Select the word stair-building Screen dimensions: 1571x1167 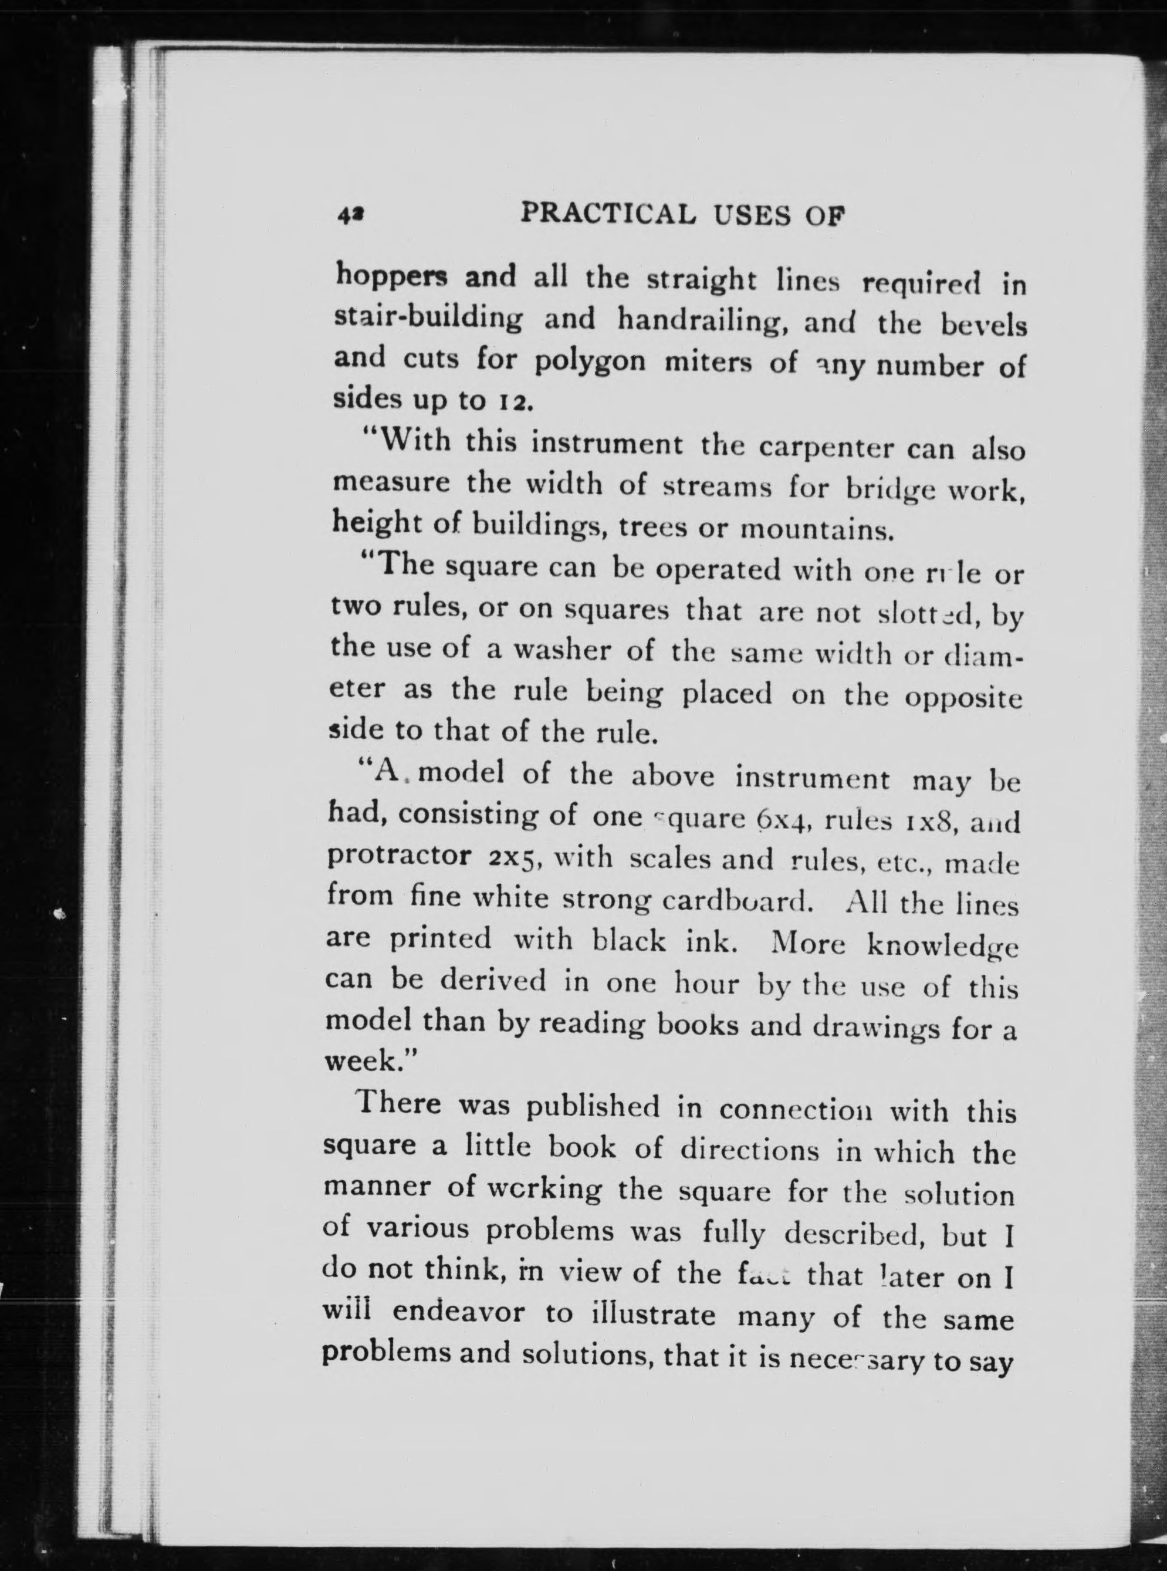pos(428,319)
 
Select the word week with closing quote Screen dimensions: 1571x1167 pos(371,1062)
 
